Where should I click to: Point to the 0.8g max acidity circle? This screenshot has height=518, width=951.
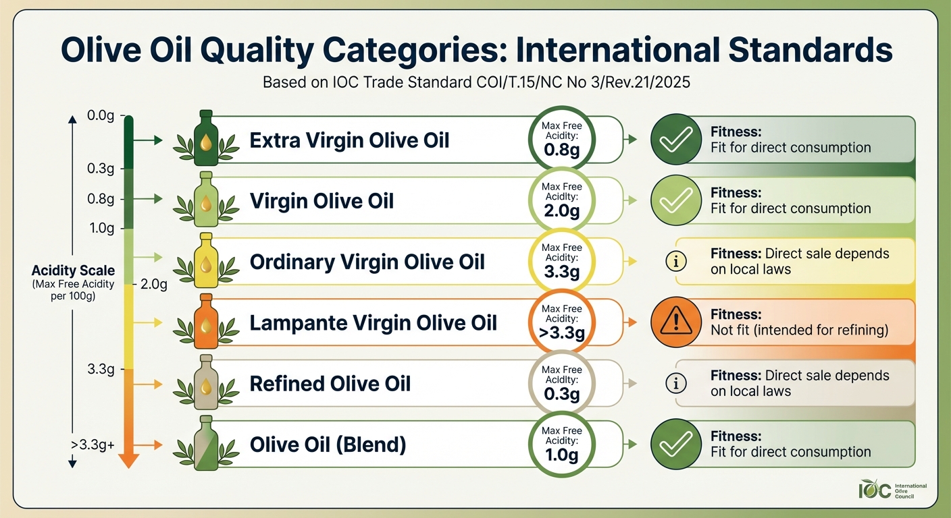tap(561, 140)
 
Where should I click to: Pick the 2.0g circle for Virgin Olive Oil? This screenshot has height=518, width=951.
tap(561, 200)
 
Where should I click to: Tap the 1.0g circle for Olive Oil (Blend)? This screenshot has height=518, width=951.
tap(561, 444)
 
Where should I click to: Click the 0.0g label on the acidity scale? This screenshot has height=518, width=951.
tap(101, 115)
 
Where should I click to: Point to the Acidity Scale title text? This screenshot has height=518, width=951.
tap(73, 270)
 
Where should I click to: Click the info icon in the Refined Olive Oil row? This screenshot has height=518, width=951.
tap(676, 383)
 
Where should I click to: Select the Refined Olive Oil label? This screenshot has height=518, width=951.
tap(330, 384)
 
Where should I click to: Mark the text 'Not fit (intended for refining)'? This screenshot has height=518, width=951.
tap(800, 330)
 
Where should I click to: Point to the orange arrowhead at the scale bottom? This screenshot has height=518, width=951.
tap(128, 461)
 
